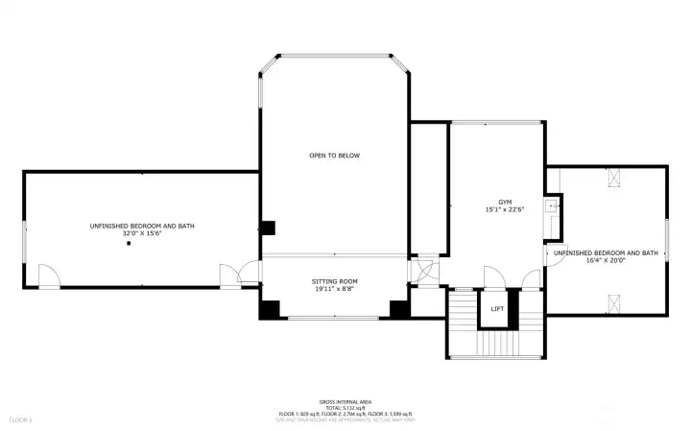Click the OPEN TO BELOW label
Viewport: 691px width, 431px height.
click(334, 156)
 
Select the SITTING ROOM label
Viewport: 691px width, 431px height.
click(334, 282)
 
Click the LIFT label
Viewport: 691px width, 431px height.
click(497, 309)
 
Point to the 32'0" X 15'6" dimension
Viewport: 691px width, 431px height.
click(142, 233)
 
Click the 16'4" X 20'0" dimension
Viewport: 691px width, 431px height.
click(605, 260)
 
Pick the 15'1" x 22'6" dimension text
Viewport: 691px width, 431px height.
click(506, 210)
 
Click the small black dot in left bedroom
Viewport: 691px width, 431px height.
click(128, 244)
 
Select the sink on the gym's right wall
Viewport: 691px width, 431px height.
click(552, 205)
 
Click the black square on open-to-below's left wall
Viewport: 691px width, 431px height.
click(269, 228)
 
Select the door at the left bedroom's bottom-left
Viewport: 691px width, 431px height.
click(49, 277)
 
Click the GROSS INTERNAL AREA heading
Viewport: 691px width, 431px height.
click(346, 401)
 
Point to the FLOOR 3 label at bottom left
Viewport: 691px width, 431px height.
click(21, 419)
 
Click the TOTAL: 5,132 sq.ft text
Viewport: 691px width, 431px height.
click(346, 407)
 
